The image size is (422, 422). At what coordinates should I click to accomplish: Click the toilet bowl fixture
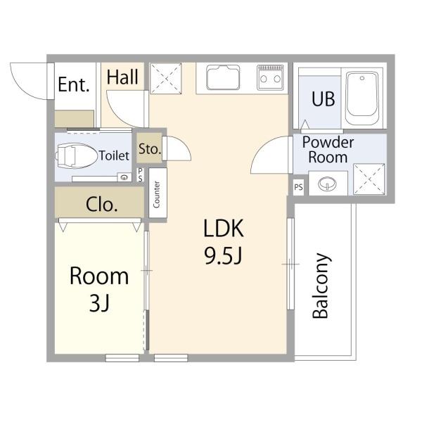click(76, 156)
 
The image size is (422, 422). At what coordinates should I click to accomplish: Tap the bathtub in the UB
click(362, 98)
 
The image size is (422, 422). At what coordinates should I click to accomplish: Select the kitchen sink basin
click(223, 77)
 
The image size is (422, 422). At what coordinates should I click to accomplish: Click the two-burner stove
click(270, 77)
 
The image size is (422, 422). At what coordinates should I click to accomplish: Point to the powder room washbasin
click(327, 184)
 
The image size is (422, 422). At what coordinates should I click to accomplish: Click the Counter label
click(156, 194)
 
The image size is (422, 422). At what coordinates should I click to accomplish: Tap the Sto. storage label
click(150, 149)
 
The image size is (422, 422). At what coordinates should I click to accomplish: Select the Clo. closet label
click(102, 205)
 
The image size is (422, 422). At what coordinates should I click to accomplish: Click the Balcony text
click(321, 286)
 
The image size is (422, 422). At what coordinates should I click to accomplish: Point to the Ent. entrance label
click(73, 84)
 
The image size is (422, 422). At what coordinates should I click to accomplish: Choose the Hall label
click(122, 77)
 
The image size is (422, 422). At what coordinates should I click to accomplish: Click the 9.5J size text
click(224, 256)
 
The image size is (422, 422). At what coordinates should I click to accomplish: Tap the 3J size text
click(99, 302)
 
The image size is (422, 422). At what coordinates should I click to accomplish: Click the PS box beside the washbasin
click(298, 187)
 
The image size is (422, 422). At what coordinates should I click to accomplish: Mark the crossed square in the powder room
click(369, 179)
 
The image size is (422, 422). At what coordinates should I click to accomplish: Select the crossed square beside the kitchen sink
click(165, 78)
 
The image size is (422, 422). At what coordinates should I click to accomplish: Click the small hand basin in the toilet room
click(124, 177)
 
